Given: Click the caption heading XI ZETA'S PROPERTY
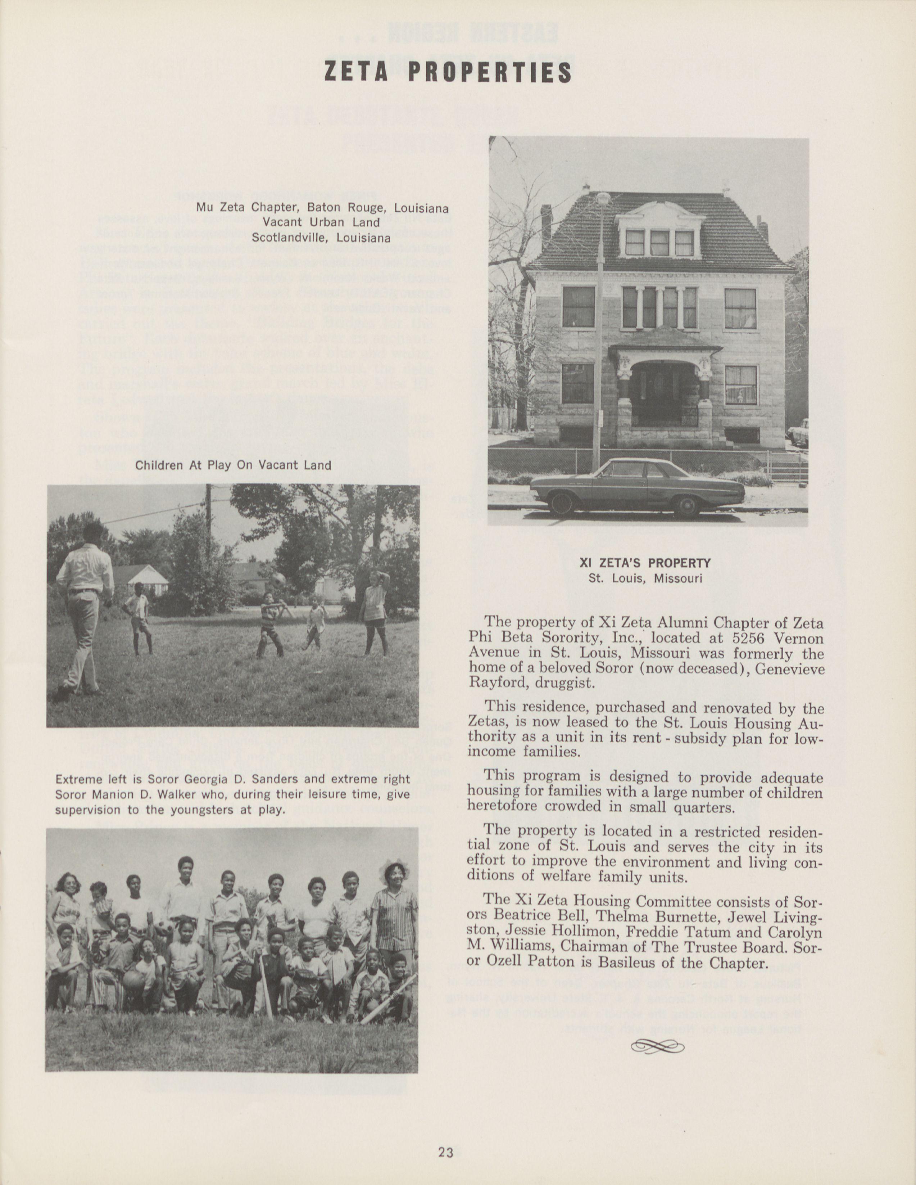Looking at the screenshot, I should [x=645, y=564].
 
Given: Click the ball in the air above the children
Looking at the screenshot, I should [x=279, y=578].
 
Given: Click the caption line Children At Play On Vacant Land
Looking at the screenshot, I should [x=233, y=465].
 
